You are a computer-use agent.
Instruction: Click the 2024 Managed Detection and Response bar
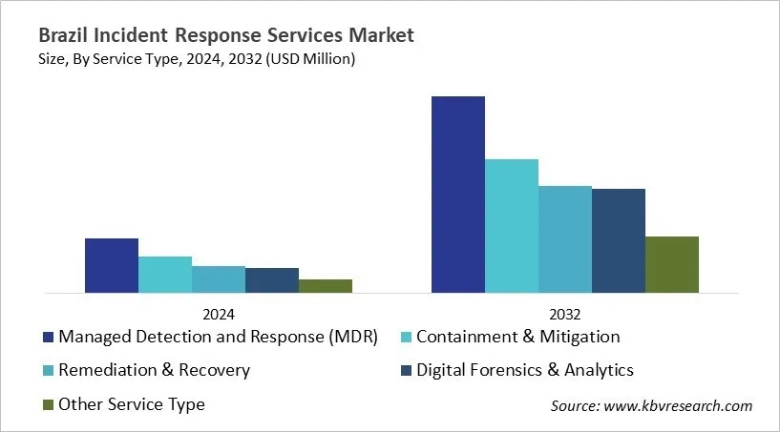[x=112, y=265]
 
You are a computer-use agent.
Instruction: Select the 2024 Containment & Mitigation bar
[x=165, y=275]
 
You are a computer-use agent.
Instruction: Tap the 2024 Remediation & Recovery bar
[x=219, y=279]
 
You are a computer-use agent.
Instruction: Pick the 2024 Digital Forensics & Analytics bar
[x=272, y=280]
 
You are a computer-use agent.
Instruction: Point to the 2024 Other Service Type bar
[x=326, y=286]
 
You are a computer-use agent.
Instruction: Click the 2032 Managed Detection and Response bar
[x=458, y=195]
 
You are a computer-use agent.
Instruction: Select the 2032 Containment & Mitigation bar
[x=512, y=226]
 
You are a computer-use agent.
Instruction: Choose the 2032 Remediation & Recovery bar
[x=565, y=239]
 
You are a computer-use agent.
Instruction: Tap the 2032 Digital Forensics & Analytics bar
[x=619, y=241]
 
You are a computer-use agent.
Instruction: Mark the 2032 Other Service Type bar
[x=672, y=265]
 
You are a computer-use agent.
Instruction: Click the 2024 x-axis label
[x=219, y=314]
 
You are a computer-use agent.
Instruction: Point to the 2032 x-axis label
[x=565, y=314]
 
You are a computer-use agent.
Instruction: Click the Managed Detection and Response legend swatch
[x=48, y=338]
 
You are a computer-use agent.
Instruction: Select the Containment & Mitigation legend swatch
[x=406, y=338]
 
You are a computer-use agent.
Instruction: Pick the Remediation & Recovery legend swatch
[x=48, y=371]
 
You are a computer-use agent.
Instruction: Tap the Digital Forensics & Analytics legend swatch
[x=406, y=371]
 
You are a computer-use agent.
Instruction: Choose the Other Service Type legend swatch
[x=48, y=405]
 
